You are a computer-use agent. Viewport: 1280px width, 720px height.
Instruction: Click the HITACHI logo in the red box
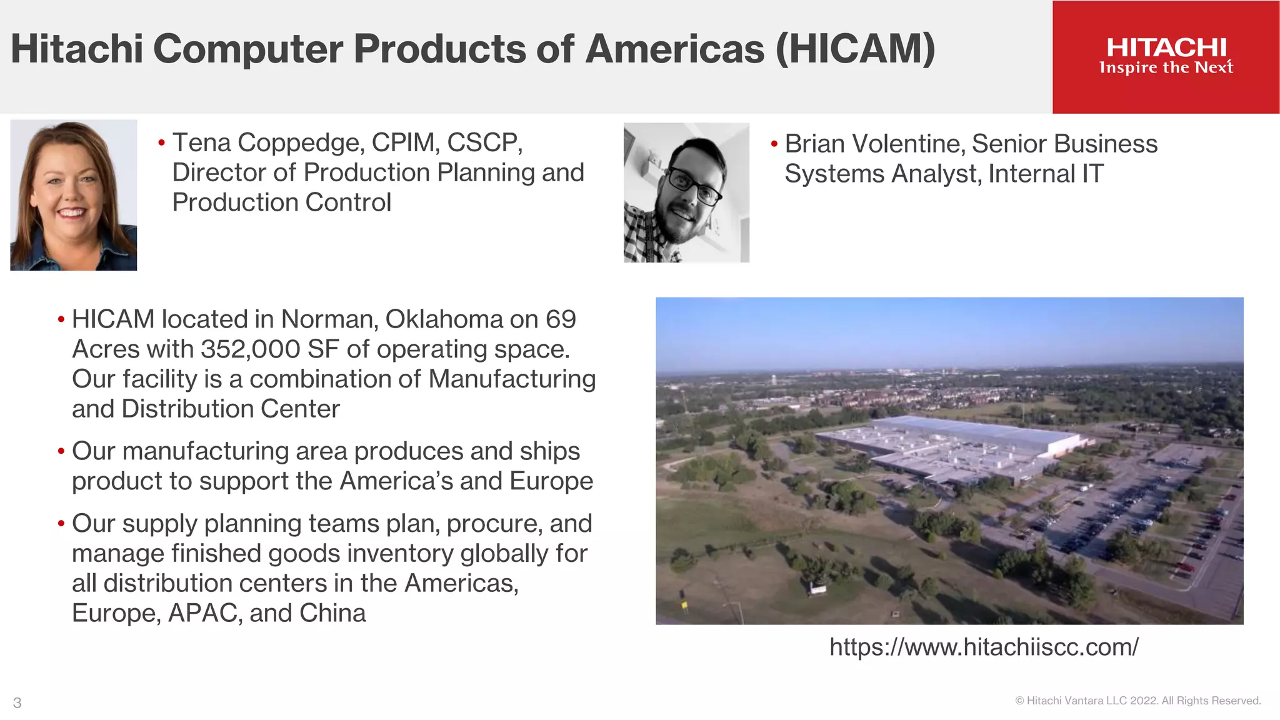[1166, 48]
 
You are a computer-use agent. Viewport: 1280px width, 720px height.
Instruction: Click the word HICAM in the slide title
[856, 49]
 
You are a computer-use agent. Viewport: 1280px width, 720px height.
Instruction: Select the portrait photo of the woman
[74, 195]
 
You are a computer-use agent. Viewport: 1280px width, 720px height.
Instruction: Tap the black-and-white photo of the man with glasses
[686, 192]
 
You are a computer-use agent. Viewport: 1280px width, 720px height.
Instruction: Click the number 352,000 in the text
[251, 349]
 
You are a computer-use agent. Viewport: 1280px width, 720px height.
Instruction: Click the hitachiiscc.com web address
[984, 647]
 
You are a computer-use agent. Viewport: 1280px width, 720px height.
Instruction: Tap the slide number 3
[17, 702]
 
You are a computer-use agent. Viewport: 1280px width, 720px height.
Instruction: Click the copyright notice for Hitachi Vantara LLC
[1137, 701]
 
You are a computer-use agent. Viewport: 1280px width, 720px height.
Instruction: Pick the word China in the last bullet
[332, 613]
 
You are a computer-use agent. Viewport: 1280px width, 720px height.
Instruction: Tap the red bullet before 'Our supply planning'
[61, 523]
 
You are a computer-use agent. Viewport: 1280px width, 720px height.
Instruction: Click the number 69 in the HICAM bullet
[561, 319]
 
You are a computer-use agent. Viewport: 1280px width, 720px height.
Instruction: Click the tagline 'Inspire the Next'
[1166, 67]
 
